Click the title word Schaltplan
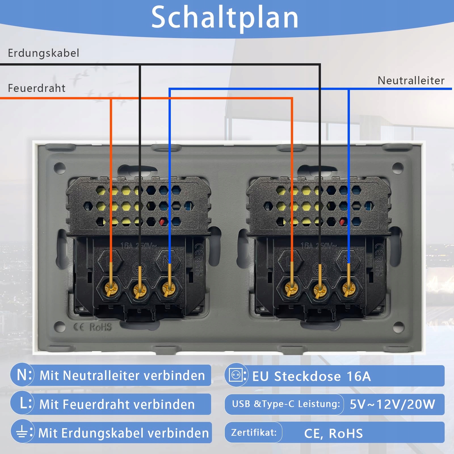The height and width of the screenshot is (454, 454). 225,18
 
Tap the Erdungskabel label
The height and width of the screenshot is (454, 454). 43,53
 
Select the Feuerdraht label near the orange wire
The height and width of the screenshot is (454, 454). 37,88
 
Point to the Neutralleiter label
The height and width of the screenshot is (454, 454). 411,81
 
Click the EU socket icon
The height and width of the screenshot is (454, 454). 236,375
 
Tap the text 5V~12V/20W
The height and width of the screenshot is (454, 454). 392,404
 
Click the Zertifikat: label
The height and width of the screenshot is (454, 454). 254,432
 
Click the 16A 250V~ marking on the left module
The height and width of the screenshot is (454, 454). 138,246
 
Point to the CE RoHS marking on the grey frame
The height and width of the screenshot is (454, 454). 93,327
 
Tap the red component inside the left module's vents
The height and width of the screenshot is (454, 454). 163,222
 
